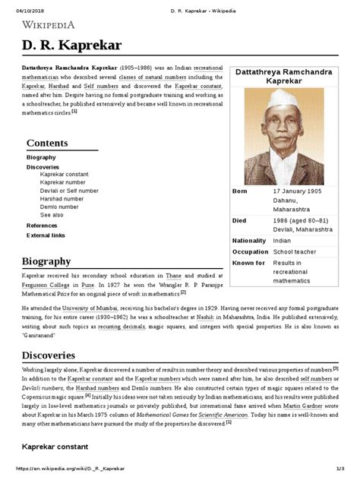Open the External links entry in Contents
tap(46, 235)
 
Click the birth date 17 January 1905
tap(300, 191)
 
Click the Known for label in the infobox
tap(248, 261)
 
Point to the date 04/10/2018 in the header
tap(18, 5)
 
